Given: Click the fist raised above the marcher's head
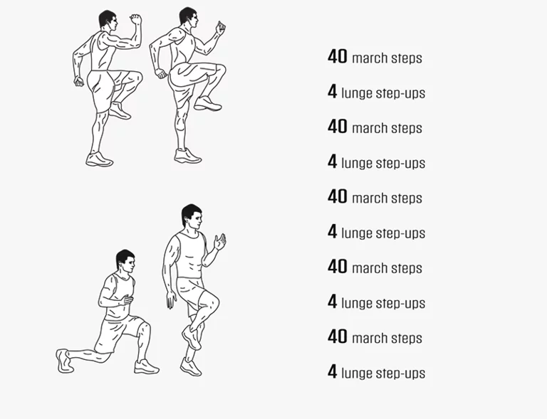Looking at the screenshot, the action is pos(136,19).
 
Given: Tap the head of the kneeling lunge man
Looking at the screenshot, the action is pos(125,261).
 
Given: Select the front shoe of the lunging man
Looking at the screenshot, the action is pos(147,367).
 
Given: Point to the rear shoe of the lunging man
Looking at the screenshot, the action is pos(64,361).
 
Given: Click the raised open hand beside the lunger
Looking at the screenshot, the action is pos(220,242).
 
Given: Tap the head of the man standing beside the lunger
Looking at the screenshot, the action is pos(192,217).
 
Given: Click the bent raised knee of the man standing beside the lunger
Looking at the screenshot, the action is pos(212,302).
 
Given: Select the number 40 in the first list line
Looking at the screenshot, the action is pos(338,56).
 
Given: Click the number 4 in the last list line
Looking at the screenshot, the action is pos(333,371).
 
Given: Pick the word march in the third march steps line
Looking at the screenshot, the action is pos(370,198).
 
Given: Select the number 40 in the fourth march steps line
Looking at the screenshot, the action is pos(338,267).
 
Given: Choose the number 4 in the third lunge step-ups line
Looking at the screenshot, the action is pos(333,231).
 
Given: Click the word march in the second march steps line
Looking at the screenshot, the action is pos(370,128).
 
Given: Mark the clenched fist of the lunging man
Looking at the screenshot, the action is pos(126,299).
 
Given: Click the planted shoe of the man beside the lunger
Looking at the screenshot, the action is pos(191,367).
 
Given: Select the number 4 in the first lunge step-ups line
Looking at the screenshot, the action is pos(333,91).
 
